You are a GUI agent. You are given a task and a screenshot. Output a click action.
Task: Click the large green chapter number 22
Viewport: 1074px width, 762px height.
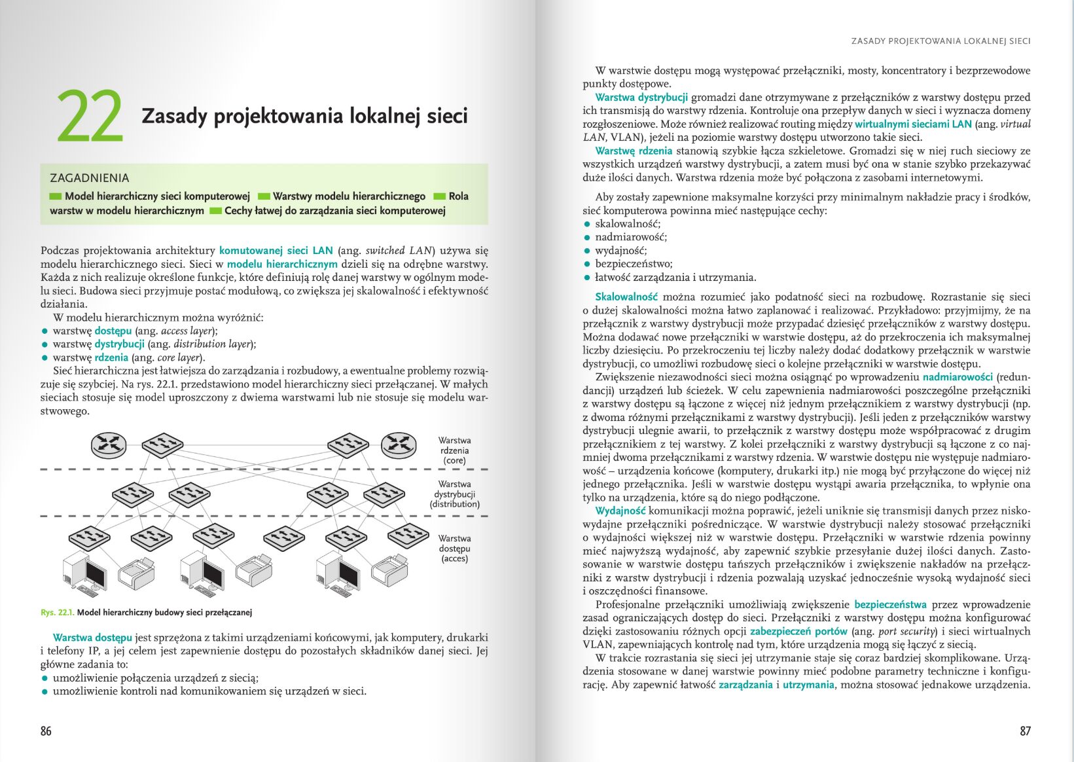coord(90,117)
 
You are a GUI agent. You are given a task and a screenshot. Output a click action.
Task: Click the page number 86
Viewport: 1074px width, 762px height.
coord(46,731)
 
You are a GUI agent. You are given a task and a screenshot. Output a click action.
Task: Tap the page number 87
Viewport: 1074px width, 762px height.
coord(1025,731)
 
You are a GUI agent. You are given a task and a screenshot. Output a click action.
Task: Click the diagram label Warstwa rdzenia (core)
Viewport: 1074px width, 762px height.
coord(454,450)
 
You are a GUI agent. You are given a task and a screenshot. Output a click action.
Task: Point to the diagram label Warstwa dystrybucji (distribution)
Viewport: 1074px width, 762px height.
coord(454,494)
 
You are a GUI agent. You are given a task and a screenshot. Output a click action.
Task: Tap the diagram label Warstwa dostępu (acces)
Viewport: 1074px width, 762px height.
coord(454,549)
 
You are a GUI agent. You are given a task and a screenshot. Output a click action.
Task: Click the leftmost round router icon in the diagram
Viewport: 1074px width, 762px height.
coord(108,445)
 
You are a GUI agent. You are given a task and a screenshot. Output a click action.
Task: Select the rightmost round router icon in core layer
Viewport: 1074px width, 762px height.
coord(399,444)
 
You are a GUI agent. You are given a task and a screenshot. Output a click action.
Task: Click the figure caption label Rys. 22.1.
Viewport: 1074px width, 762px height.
coord(58,613)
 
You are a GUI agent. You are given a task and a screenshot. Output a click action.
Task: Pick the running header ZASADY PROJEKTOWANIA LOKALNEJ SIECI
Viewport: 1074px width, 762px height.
coord(940,41)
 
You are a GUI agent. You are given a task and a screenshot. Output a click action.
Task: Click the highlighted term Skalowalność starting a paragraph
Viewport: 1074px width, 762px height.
coord(626,297)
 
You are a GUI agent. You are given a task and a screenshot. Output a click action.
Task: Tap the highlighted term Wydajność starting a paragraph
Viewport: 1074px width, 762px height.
coord(620,511)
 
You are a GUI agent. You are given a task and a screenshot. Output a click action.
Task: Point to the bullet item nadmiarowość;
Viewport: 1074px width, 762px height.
coord(631,237)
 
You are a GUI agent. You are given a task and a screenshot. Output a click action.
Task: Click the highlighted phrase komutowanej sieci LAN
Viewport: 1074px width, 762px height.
coord(276,251)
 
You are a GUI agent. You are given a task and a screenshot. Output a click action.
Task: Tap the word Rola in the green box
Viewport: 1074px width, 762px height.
coord(458,196)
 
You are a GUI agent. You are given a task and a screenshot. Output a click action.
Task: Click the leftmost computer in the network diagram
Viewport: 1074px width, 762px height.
coord(84,574)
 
